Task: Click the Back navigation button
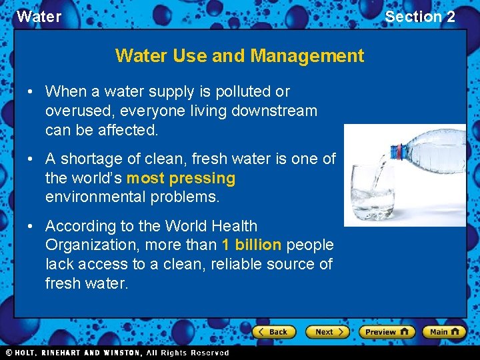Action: [x=273, y=331]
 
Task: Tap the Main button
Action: [x=443, y=331]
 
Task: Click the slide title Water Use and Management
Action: [x=239, y=55]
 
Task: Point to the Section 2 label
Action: [x=420, y=17]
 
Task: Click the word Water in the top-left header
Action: [x=39, y=17]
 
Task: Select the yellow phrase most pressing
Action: [x=181, y=178]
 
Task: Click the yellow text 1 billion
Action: [x=251, y=245]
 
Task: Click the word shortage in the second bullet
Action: [x=87, y=159]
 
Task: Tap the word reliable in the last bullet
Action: [x=237, y=264]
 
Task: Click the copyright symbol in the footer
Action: [x=9, y=353]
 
